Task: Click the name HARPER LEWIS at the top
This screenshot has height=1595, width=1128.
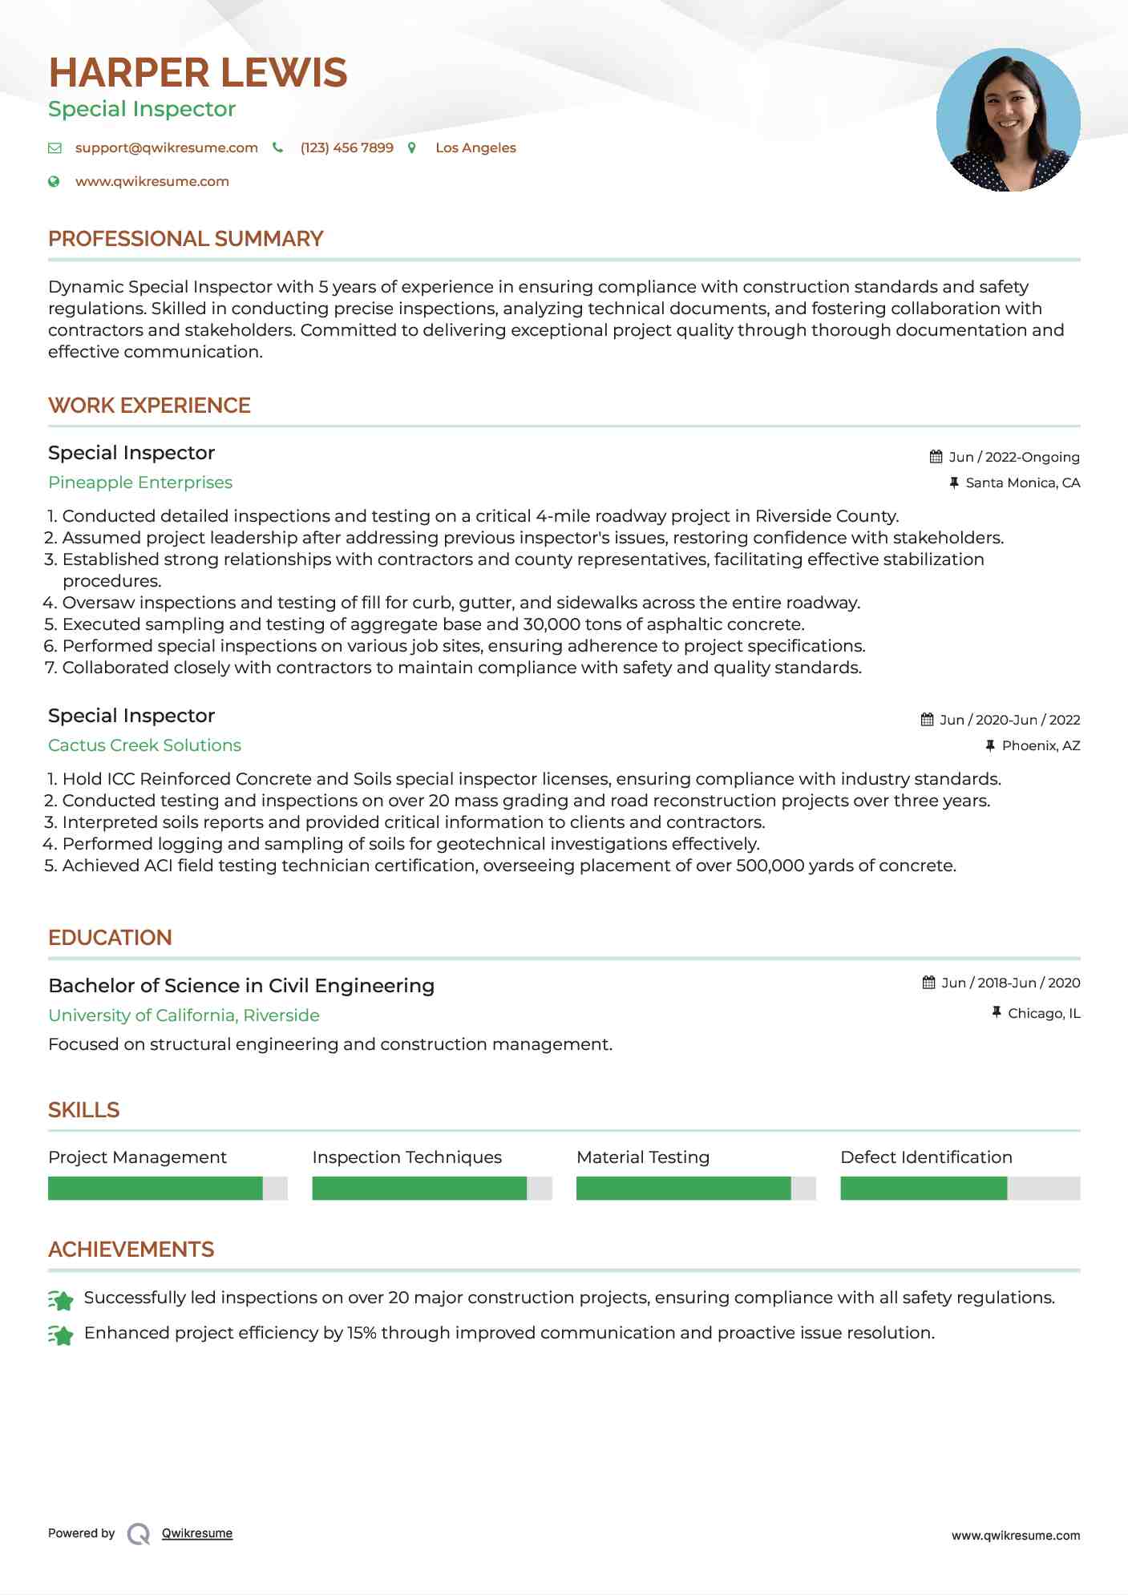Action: click(197, 73)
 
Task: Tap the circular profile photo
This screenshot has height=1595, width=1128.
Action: click(1008, 120)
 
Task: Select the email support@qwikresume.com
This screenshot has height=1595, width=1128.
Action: click(166, 148)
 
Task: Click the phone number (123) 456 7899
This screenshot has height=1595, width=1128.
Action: click(346, 148)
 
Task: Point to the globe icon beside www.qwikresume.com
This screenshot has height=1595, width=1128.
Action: click(54, 182)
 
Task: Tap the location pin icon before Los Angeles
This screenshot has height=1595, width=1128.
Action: click(412, 148)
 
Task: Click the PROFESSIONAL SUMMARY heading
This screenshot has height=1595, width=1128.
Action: click(185, 239)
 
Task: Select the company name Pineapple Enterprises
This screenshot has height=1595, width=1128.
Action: click(140, 483)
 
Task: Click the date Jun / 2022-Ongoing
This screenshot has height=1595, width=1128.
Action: click(1013, 458)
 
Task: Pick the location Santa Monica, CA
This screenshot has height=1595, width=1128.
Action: click(1022, 483)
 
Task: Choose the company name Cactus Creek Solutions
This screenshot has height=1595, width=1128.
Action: click(144, 745)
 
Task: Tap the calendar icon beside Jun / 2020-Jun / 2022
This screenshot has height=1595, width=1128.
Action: click(927, 720)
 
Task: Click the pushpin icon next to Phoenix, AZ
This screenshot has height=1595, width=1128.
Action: click(990, 746)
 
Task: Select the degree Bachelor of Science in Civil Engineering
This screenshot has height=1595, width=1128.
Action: click(241, 986)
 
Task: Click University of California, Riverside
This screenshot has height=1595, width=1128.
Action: click(184, 1016)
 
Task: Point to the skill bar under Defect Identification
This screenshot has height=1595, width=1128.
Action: click(960, 1188)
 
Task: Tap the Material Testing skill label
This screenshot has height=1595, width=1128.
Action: click(642, 1157)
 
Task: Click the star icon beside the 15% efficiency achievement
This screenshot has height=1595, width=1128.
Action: click(61, 1335)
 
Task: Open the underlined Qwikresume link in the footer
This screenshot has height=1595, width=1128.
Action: click(197, 1533)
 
